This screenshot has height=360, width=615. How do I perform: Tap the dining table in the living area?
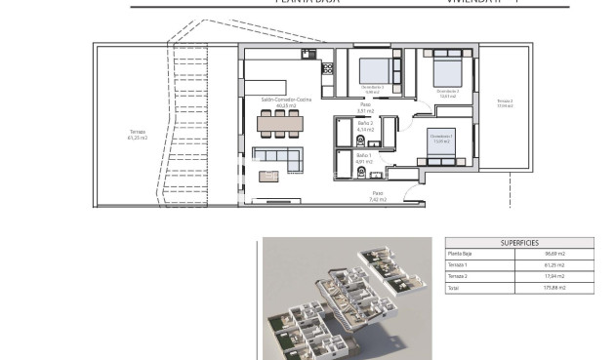[x=279, y=124]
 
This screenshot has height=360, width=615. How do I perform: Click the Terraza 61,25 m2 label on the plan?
[x=138, y=135]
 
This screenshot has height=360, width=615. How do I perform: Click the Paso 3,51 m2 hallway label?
[x=365, y=107]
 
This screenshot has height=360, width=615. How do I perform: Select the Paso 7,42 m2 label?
[x=379, y=196]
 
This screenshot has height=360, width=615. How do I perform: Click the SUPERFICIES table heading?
[x=519, y=242]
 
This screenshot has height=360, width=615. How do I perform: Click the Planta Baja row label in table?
[x=461, y=254]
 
